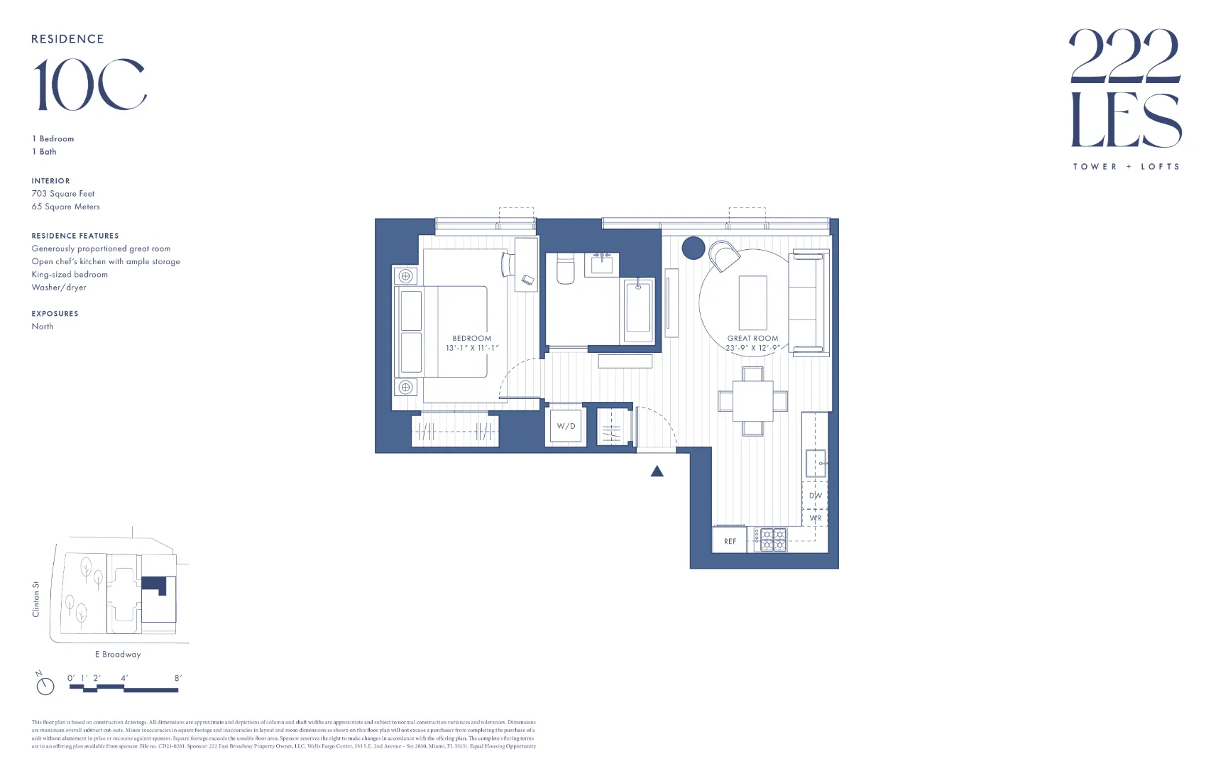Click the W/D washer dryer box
coord(566,426)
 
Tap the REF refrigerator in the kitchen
coord(730,541)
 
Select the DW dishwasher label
coord(815,496)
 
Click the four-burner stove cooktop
coord(770,540)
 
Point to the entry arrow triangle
coord(657,471)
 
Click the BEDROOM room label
coord(472,338)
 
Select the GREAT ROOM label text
coord(752,338)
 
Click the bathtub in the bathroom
coord(638,311)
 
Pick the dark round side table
coord(694,248)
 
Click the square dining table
coord(753,401)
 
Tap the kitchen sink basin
coord(816,463)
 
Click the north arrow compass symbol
coord(45,685)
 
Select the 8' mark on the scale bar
coord(177,678)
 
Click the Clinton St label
coord(36,599)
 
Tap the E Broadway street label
coord(118,654)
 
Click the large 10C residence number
coord(90,85)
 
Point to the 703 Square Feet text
coord(63,193)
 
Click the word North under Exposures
coord(43,326)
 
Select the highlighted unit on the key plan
coord(154,584)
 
